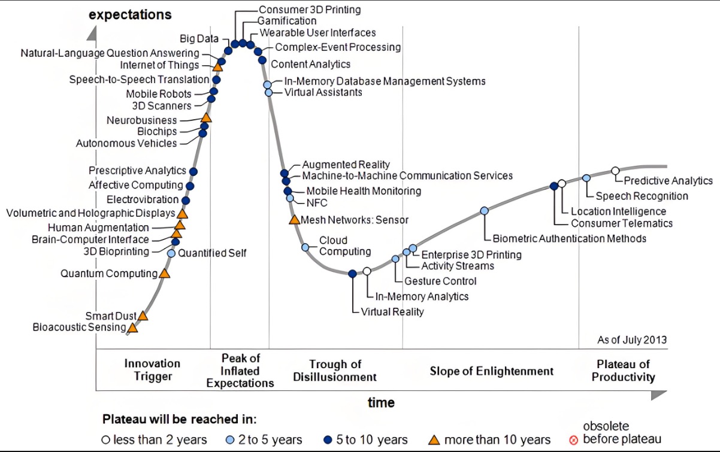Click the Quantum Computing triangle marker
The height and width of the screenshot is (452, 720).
pos(164,274)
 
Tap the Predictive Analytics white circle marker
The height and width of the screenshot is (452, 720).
pos(615,171)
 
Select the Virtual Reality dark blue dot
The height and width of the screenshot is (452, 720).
pos(352,274)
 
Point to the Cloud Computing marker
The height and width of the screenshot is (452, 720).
pos(305,247)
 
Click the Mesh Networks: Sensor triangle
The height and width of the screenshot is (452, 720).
pos(294,220)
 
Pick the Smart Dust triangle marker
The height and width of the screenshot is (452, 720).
pos(143,316)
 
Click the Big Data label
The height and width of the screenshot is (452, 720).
pos(199,39)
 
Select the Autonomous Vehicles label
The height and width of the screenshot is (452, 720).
pos(126,144)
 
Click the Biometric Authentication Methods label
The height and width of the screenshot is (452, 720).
pos(569,238)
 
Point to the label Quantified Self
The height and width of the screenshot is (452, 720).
pos(212,253)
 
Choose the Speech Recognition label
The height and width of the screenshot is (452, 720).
pos(642,196)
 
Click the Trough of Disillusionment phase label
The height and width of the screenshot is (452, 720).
pos(335,371)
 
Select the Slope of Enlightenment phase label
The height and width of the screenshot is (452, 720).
pos(491,371)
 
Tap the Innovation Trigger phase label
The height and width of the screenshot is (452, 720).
pos(152,370)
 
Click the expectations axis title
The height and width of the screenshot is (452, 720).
pos(130,14)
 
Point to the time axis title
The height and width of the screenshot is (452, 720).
pos(381,402)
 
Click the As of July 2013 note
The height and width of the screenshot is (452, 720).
pos(632,340)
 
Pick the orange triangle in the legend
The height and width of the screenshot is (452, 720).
pos(434,440)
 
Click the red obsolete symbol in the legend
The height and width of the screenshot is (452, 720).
pos(573,440)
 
